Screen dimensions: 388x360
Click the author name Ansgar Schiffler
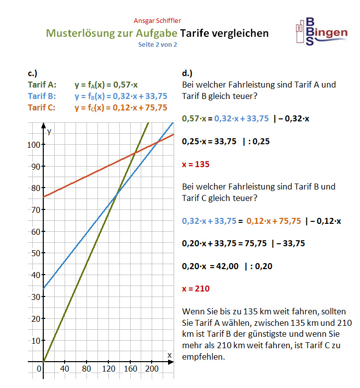point(157,20)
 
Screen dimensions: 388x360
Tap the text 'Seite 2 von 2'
point(158,44)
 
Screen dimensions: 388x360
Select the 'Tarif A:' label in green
point(42,85)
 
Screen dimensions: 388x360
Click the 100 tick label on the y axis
point(33,145)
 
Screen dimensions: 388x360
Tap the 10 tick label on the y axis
point(35,340)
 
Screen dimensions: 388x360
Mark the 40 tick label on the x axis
point(64,369)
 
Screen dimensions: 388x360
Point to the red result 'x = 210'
point(196,289)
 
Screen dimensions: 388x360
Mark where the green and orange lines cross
point(135,153)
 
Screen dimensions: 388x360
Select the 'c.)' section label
point(33,73)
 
